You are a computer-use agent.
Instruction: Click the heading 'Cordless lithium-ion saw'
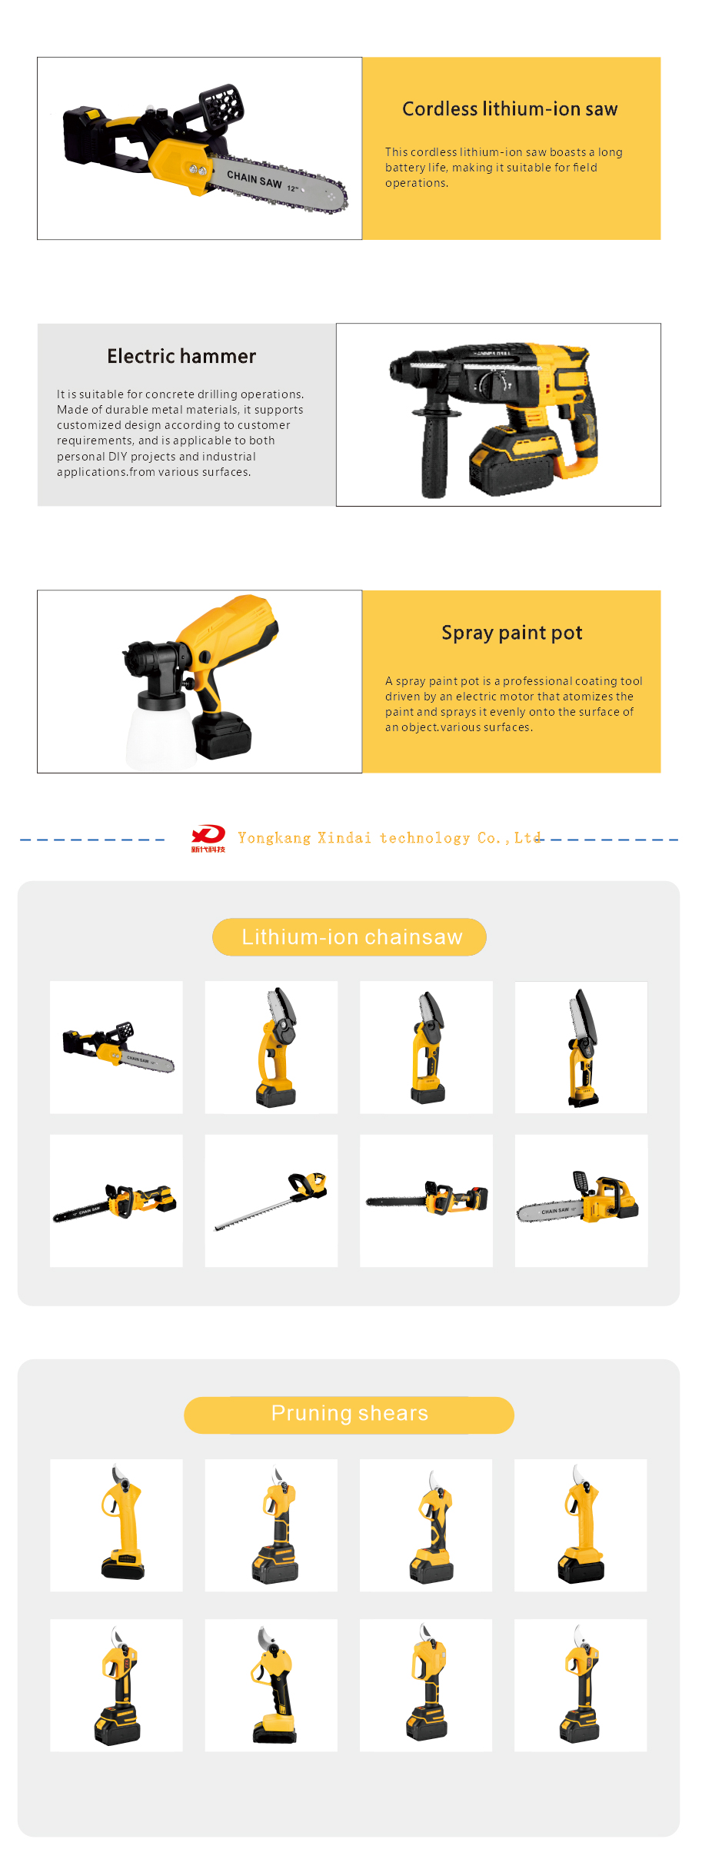[510, 109]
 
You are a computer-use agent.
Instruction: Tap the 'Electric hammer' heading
[181, 357]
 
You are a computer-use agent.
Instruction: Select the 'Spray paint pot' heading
[511, 634]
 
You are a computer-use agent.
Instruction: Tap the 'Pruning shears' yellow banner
[349, 1415]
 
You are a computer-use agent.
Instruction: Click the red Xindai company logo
[208, 836]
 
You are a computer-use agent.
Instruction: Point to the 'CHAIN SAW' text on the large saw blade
[255, 180]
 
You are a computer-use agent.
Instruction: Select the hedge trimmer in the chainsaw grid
[271, 1200]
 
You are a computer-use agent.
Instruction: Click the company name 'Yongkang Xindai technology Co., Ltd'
[389, 838]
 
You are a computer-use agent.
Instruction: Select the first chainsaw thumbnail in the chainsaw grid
[117, 1047]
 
